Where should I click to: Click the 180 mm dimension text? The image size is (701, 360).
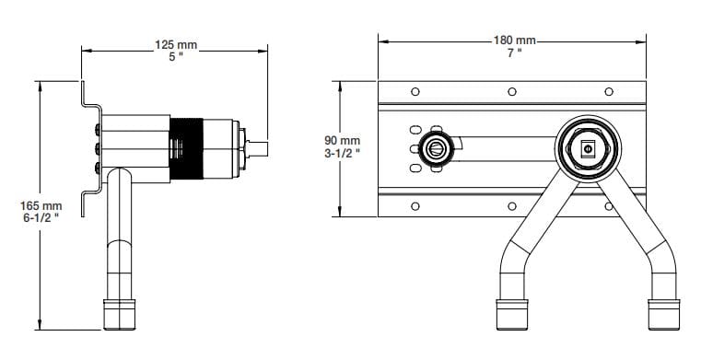(x=514, y=41)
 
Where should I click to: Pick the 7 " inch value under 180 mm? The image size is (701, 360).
(x=514, y=53)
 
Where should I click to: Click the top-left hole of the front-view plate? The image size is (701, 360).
(x=415, y=92)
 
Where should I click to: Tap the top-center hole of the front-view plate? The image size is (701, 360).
(x=512, y=92)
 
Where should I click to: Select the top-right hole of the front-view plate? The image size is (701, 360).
(x=609, y=92)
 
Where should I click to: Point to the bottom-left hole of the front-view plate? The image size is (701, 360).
(x=415, y=205)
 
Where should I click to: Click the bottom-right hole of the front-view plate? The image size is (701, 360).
(x=609, y=205)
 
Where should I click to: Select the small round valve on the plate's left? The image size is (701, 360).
(x=435, y=148)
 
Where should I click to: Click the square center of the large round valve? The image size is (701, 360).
(x=588, y=148)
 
